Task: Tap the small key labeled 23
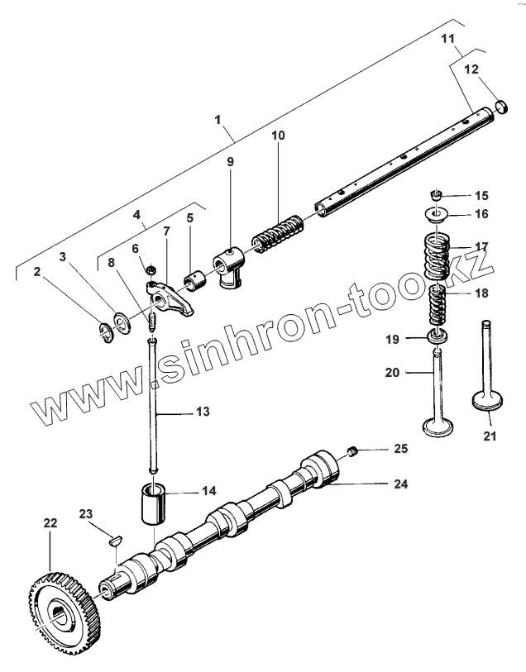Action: pyautogui.click(x=117, y=542)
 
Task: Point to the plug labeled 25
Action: pyautogui.click(x=351, y=450)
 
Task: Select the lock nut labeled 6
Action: pyautogui.click(x=151, y=269)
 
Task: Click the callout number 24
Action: pyautogui.click(x=400, y=484)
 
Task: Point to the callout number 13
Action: pyautogui.click(x=202, y=411)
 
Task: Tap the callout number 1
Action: pyautogui.click(x=218, y=120)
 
